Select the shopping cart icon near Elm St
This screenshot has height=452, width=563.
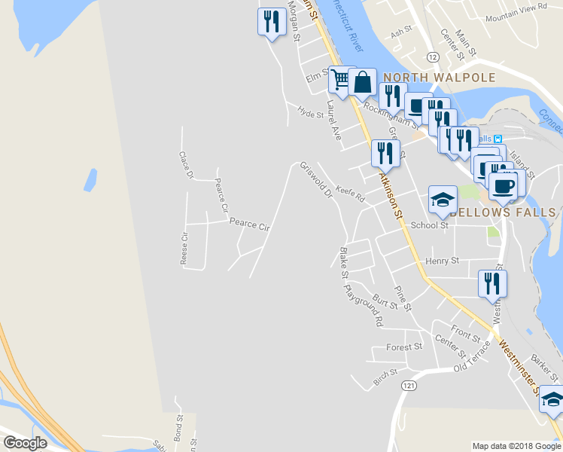click(x=340, y=80)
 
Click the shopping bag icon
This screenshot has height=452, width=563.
click(x=362, y=82)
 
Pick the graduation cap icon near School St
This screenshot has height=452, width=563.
click(x=443, y=200)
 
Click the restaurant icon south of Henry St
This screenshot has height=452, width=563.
click(x=492, y=283)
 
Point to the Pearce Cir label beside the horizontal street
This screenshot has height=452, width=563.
click(x=249, y=224)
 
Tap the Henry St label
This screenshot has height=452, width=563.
click(x=442, y=261)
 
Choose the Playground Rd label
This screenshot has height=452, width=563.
click(x=363, y=304)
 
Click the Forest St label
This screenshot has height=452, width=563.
click(x=404, y=347)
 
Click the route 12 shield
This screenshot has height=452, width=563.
click(x=432, y=56)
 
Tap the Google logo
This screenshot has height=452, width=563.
click(x=25, y=442)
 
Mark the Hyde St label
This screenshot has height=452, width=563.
click(x=310, y=114)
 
